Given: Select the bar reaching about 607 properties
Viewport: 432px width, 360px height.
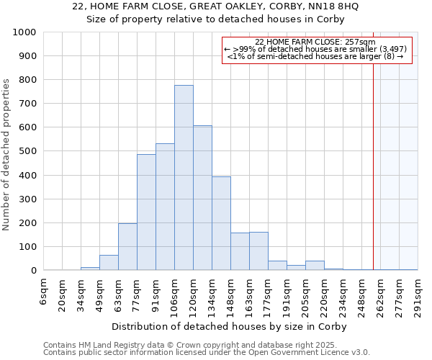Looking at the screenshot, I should (x=202, y=198).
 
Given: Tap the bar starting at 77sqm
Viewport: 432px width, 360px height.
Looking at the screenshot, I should (x=146, y=212).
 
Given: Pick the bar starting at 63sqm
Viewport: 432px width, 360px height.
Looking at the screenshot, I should (x=127, y=247).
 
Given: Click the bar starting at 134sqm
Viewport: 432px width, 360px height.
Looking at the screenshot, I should (x=221, y=223).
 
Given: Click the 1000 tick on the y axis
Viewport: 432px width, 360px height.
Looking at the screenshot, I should (x=24, y=32).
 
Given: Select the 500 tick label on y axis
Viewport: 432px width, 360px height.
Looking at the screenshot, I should (x=27, y=152).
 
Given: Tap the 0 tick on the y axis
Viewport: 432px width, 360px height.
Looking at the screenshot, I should (x=33, y=271).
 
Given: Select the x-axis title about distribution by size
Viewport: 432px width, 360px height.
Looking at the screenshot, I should (x=230, y=326).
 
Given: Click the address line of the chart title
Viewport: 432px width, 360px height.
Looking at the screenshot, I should (x=215, y=6).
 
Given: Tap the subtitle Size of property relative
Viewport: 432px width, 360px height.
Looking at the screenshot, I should (x=215, y=19).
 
